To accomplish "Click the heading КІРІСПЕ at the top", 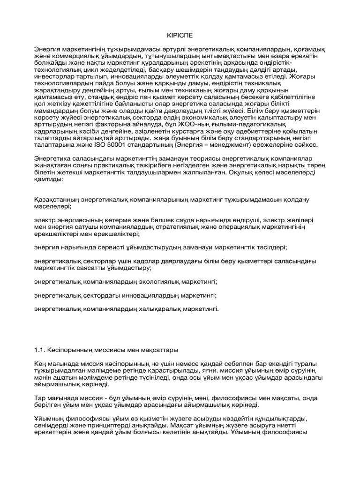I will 180,36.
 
